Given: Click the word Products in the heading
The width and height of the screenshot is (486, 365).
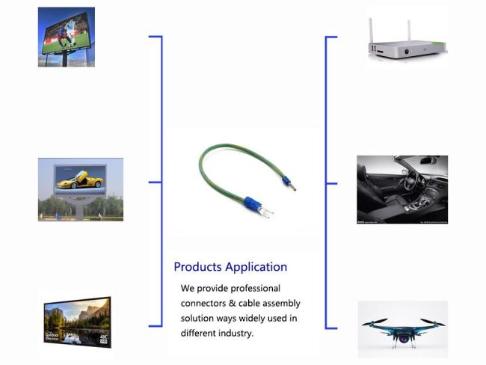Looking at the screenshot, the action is tap(197, 267).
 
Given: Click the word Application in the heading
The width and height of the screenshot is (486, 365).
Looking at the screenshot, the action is tap(256, 267).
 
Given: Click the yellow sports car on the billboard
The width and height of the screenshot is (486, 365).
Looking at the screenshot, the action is tap(79, 180).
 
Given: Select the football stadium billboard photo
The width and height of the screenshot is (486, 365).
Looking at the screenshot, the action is tap(67, 37).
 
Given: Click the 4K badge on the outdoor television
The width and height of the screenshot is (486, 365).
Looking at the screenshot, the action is tap(103, 339).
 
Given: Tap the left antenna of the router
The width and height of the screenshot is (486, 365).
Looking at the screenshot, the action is tap(371, 31).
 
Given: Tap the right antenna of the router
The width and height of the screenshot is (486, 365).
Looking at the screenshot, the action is tap(409, 31).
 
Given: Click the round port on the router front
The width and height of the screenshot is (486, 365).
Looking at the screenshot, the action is tap(407, 52).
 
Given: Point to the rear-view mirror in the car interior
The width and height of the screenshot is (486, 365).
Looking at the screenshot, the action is tap(428, 161).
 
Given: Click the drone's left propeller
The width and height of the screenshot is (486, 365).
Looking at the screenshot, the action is tap(375, 322).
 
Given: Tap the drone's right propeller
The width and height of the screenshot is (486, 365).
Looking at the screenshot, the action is tap(433, 322).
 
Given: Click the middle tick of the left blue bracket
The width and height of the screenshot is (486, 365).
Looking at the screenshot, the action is tap(155, 182).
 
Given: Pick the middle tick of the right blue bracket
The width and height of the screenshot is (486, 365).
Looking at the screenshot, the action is tap(332, 183).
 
